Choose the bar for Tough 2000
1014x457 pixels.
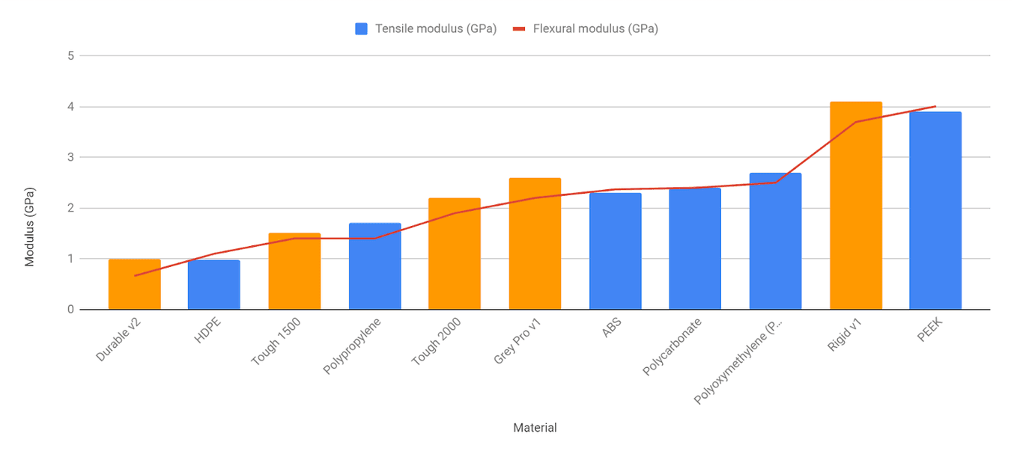[x=455, y=254]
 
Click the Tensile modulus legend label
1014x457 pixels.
[x=436, y=29]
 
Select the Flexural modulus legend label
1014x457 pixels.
[x=595, y=29]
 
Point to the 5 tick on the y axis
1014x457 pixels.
[x=70, y=55]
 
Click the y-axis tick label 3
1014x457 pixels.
[x=70, y=157]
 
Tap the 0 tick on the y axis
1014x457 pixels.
[x=70, y=310]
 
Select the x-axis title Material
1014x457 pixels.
[x=535, y=428]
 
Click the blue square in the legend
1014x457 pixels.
[x=362, y=29]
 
